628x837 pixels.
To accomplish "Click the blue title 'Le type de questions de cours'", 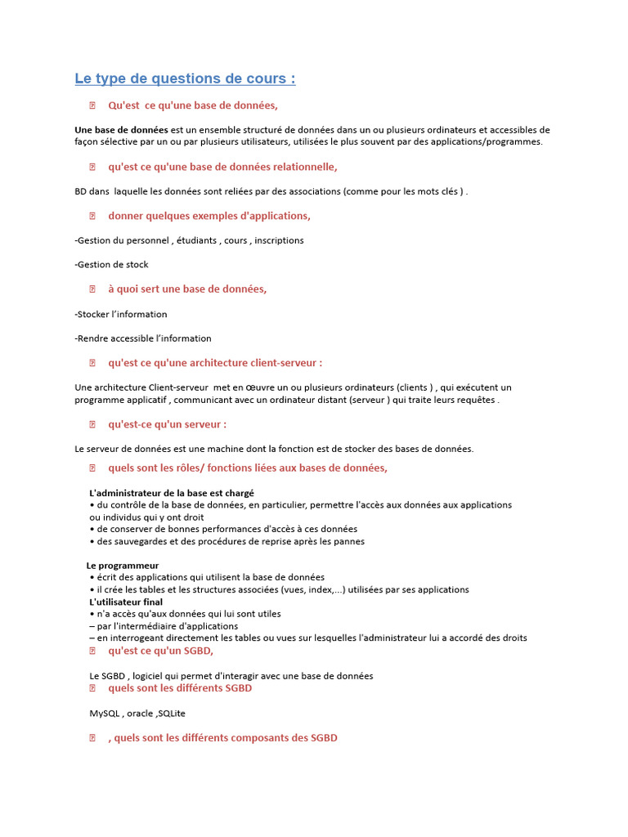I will [x=185, y=78].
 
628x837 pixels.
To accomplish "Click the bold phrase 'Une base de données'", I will [x=121, y=130].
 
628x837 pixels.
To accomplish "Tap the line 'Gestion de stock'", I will [x=111, y=265].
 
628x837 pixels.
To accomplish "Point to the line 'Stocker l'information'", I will [x=121, y=314].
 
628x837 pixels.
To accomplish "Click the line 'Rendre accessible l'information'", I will [x=143, y=338].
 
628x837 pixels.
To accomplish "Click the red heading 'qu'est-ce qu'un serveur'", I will [x=167, y=424].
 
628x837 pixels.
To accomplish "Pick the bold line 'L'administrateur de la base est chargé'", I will [x=172, y=493].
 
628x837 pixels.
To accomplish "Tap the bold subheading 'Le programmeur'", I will [x=123, y=566].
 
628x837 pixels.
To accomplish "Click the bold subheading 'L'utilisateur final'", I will [x=126, y=602].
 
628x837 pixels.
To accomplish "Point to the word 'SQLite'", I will [x=172, y=714].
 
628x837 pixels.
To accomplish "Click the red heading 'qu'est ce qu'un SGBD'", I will [x=160, y=651].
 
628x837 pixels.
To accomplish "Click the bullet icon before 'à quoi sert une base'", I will [x=92, y=289].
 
